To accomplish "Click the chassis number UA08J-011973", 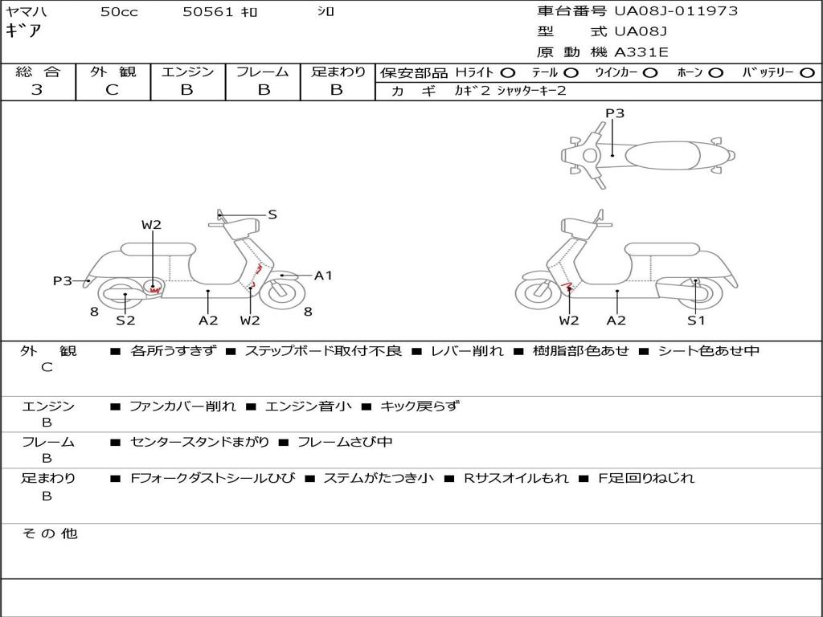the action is click(676, 11).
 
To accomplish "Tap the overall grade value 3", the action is click(37, 89).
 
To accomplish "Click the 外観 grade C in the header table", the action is click(112, 89).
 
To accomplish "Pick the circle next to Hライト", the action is click(507, 73).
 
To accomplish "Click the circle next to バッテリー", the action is click(807, 73).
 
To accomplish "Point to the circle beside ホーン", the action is click(715, 73).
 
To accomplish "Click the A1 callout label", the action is click(323, 276).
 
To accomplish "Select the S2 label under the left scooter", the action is click(125, 320).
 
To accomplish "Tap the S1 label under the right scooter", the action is click(696, 320).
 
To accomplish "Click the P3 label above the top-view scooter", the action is click(615, 112).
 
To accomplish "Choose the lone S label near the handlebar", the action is click(272, 215).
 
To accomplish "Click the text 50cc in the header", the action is click(119, 12).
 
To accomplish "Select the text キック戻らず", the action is click(419, 406).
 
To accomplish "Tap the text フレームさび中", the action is click(345, 442).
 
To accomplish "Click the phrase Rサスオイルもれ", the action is click(516, 478).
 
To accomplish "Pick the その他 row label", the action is click(50, 533).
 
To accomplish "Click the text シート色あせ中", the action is click(709, 350).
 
